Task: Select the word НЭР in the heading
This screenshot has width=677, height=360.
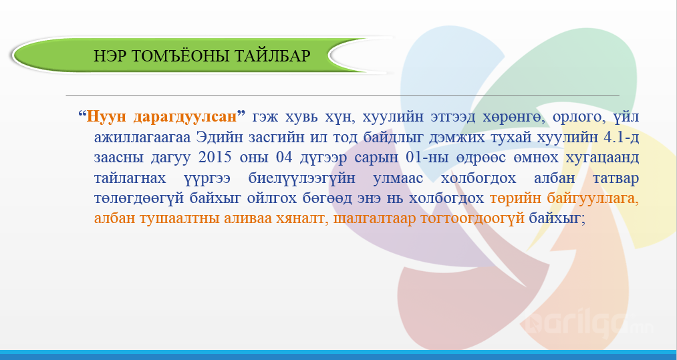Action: coord(109,56)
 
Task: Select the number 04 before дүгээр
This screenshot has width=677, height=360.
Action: coord(285,157)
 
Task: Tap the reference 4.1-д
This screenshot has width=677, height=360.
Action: coord(622,138)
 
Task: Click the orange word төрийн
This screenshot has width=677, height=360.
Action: coord(515,198)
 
